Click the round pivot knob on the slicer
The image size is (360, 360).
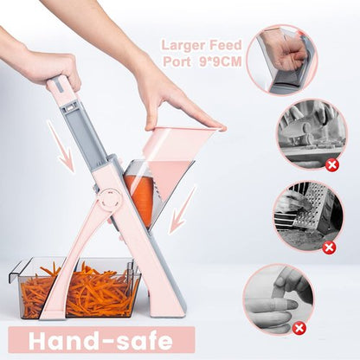pyautogui.click(x=108, y=201)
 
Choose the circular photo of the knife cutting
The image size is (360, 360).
pyautogui.click(x=312, y=134)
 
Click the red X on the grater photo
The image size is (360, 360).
pyautogui.click(x=329, y=247)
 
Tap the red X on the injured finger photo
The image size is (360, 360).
pyautogui.click(x=299, y=328)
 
